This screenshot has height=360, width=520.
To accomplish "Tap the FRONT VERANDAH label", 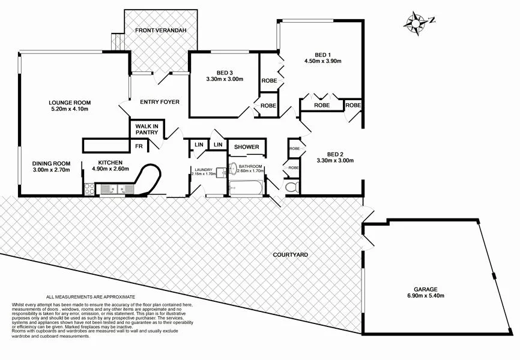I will [160, 30].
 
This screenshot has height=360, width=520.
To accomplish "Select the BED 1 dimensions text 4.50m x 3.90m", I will [322, 61].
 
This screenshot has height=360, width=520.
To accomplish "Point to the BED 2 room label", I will [334, 152].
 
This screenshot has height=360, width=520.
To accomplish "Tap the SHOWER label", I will [246, 147].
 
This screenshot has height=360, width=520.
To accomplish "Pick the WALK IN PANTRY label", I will [147, 130].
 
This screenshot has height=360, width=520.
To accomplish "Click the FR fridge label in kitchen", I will [138, 146].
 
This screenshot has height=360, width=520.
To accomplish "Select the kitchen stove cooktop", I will [89, 189].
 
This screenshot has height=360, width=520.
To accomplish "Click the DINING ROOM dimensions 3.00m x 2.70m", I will [51, 170].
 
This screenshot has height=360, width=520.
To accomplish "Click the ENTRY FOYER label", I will [160, 102].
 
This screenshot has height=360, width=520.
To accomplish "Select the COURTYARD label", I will [291, 255].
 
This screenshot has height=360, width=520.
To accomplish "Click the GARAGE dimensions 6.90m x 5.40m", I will [428, 295].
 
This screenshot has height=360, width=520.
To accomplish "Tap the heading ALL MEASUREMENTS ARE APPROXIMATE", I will [91, 297].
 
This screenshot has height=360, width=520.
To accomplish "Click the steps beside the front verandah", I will [118, 41].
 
